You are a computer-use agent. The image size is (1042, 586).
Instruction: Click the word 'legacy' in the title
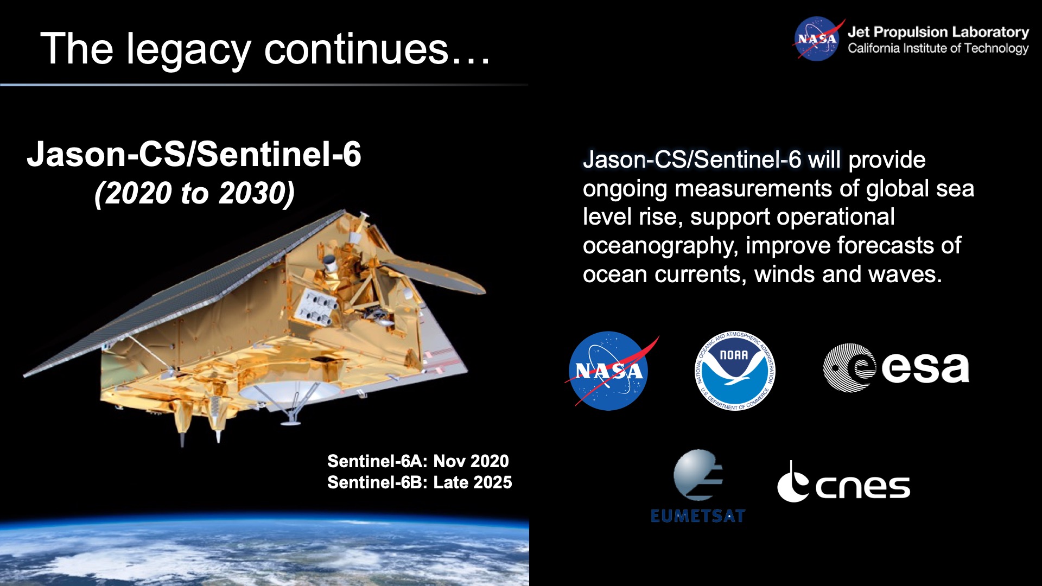click(189, 50)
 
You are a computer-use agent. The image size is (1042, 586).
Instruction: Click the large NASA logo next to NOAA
click(609, 371)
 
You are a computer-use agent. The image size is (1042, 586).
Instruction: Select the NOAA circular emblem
click(735, 371)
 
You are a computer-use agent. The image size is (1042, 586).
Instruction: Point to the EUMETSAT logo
click(698, 486)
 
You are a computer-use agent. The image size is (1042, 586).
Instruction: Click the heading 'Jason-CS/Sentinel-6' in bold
click(194, 154)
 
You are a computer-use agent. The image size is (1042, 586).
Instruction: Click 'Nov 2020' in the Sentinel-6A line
click(471, 461)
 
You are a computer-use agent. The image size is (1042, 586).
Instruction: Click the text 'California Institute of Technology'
click(938, 48)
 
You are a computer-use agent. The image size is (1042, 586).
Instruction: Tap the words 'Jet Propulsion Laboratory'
click(938, 32)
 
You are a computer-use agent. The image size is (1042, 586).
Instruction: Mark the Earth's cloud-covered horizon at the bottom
click(264, 548)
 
